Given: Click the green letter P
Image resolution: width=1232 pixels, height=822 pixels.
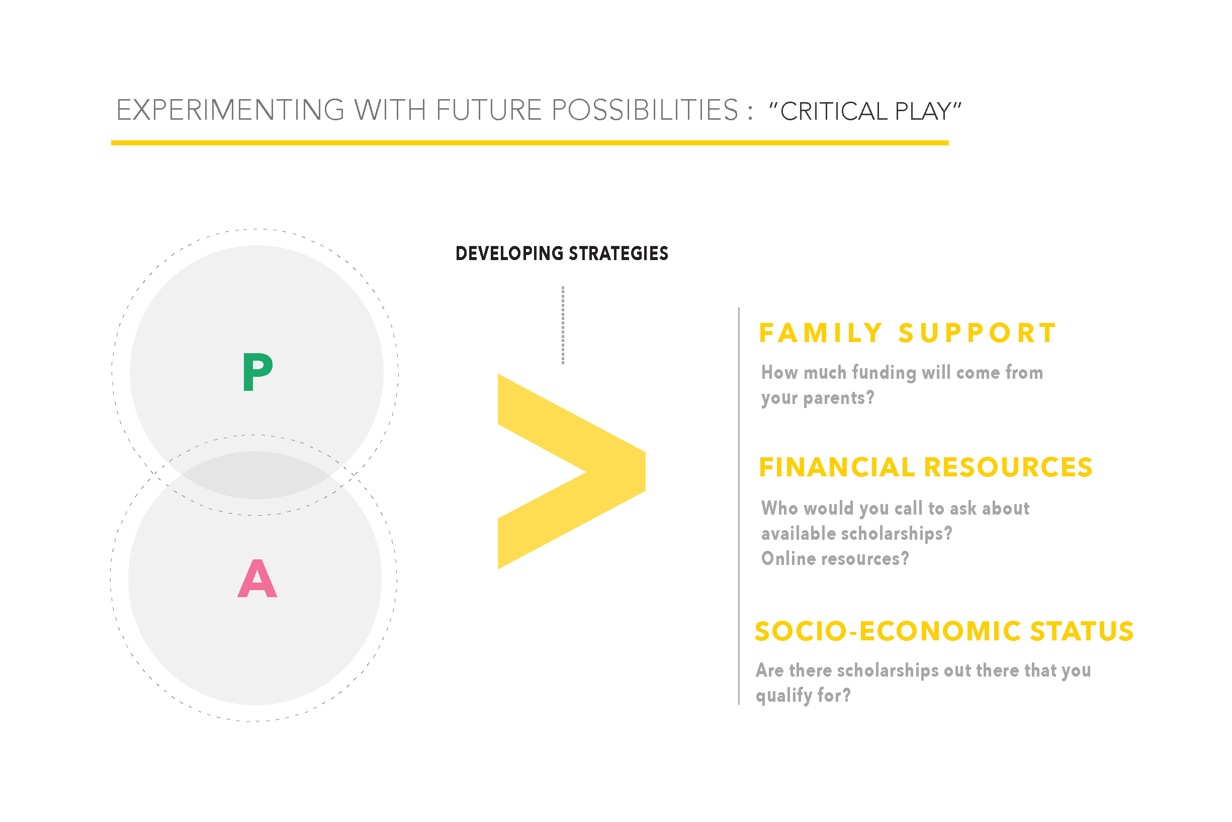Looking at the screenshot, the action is pyautogui.click(x=257, y=371).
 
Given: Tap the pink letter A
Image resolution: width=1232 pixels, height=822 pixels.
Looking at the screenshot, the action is pyautogui.click(x=257, y=578).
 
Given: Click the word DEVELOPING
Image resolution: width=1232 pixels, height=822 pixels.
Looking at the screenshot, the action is pyautogui.click(x=509, y=254).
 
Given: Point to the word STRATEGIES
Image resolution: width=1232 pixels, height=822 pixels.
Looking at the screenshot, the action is pyautogui.click(x=619, y=254).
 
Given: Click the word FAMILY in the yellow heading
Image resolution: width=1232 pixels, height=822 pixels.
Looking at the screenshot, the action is pyautogui.click(x=821, y=333).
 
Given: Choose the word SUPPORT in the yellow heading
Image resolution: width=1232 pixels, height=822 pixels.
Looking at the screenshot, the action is pyautogui.click(x=978, y=333).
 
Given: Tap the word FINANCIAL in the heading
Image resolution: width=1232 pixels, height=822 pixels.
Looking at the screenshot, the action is pyautogui.click(x=837, y=467).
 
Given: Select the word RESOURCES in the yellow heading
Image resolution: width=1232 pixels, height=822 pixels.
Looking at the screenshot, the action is pyautogui.click(x=1008, y=467).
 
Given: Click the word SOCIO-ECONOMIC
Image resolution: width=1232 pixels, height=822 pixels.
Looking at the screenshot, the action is pyautogui.click(x=888, y=631).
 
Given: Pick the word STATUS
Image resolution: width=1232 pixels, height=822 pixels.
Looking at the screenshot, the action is pyautogui.click(x=1082, y=631).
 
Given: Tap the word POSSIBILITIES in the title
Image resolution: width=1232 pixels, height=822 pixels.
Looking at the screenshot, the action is pyautogui.click(x=645, y=110).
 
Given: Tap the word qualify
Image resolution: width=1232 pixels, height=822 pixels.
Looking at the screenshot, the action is pyautogui.click(x=784, y=696).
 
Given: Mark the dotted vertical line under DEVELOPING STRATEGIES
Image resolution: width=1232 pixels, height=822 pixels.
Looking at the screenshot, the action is pyautogui.click(x=563, y=325).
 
